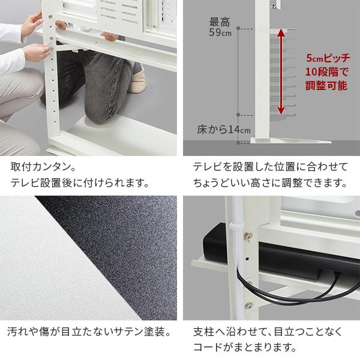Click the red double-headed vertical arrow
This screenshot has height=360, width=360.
pos(279,71)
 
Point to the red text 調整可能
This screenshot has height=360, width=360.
pos(326,86)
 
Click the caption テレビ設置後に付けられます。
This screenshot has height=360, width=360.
pos(79,182)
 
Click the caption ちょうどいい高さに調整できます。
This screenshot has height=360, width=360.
pos(270,182)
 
